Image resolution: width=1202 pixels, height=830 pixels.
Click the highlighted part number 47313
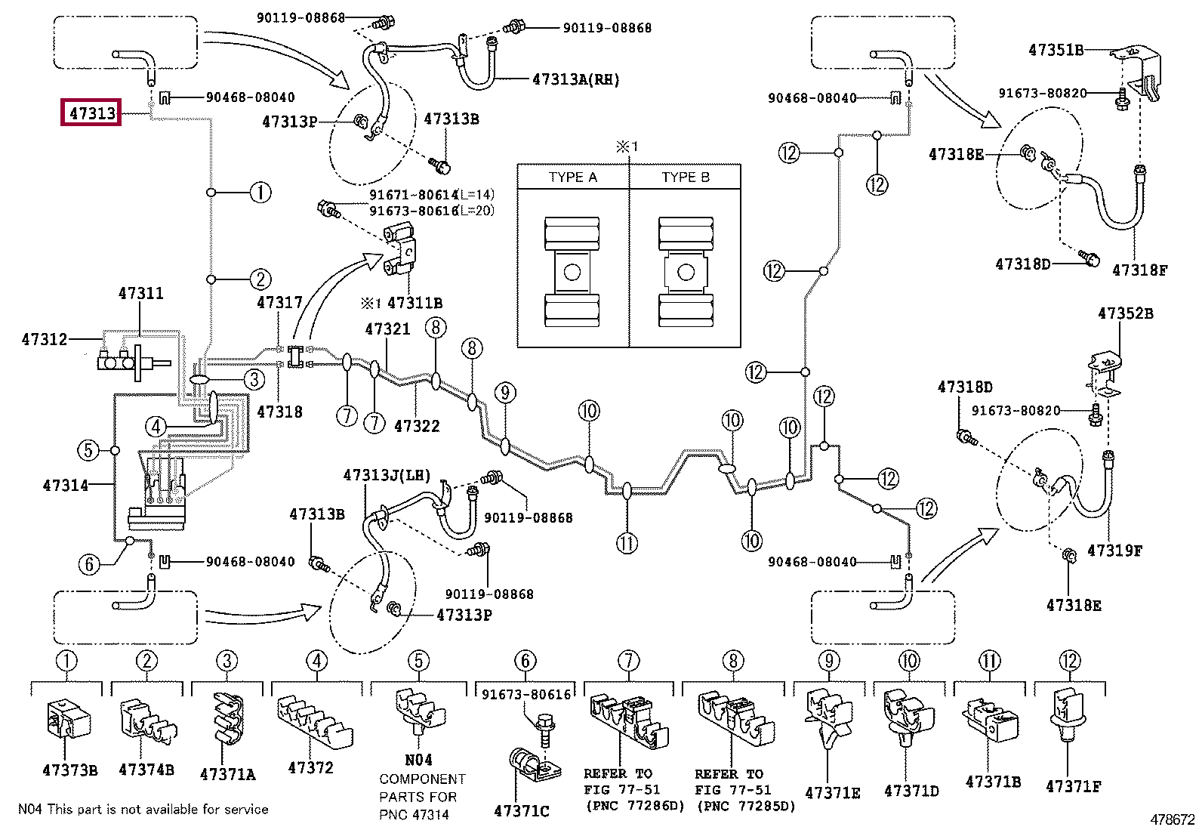click(92, 113)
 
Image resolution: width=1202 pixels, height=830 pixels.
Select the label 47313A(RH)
click(576, 80)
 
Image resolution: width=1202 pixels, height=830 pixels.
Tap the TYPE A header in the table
click(572, 177)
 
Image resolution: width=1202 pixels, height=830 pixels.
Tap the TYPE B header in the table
click(686, 177)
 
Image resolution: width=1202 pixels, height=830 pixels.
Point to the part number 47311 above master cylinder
click(140, 293)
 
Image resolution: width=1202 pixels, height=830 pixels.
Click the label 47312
click(45, 339)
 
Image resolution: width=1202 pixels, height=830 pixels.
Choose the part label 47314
click(66, 486)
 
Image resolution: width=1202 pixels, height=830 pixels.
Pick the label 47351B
click(1056, 50)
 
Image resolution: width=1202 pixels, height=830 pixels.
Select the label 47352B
click(1125, 313)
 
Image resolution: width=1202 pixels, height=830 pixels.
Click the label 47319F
click(1114, 551)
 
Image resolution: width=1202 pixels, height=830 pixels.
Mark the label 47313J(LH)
click(387, 475)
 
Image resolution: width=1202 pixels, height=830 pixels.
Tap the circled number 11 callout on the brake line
click(627, 543)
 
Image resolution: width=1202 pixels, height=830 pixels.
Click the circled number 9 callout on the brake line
click(505, 393)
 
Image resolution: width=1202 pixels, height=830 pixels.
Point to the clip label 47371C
click(522, 810)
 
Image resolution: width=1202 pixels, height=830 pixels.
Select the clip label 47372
click(310, 768)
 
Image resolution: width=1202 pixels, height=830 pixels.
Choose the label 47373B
click(69, 770)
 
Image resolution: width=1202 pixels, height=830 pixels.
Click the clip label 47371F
click(1073, 786)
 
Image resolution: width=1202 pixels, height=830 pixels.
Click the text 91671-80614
click(413, 195)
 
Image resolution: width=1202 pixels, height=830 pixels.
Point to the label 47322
click(417, 426)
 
